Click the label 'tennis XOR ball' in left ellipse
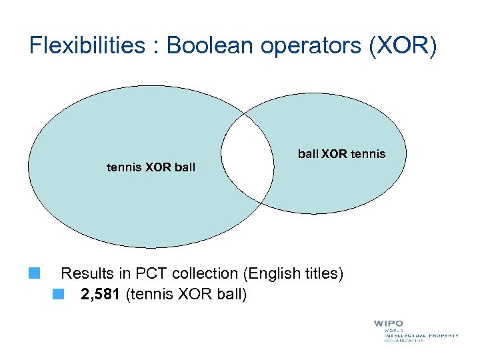point(151,167)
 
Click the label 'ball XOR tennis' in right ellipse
point(341,154)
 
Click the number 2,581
point(101,294)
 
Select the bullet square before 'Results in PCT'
point(35,273)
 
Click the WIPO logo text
point(389,323)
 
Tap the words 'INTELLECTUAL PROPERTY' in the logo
point(421,335)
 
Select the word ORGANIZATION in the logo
point(403,341)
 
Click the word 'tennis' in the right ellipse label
point(367,154)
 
